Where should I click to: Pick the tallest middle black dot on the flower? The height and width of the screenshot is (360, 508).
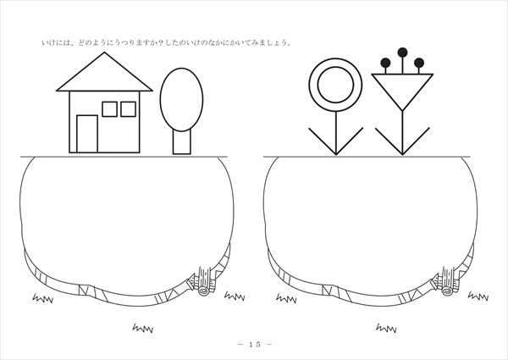click(x=402, y=53)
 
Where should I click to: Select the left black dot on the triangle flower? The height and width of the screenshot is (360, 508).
click(x=385, y=63)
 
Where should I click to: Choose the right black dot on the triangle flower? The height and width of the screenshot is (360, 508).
click(x=419, y=63)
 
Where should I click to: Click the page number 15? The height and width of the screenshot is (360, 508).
click(x=255, y=345)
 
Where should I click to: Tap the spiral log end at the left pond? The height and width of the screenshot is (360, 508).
click(x=204, y=291)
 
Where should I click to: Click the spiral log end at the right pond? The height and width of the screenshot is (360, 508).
click(x=447, y=291)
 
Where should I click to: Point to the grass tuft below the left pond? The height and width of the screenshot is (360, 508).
click(x=143, y=329)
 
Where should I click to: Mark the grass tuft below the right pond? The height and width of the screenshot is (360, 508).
click(x=386, y=329)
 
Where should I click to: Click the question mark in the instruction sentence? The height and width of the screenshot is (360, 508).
click(x=161, y=42)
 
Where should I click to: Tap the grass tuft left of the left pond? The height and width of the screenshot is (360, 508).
click(x=43, y=298)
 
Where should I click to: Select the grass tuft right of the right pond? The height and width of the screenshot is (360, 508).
click(x=478, y=296)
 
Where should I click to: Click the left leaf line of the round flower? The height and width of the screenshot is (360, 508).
click(x=323, y=141)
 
